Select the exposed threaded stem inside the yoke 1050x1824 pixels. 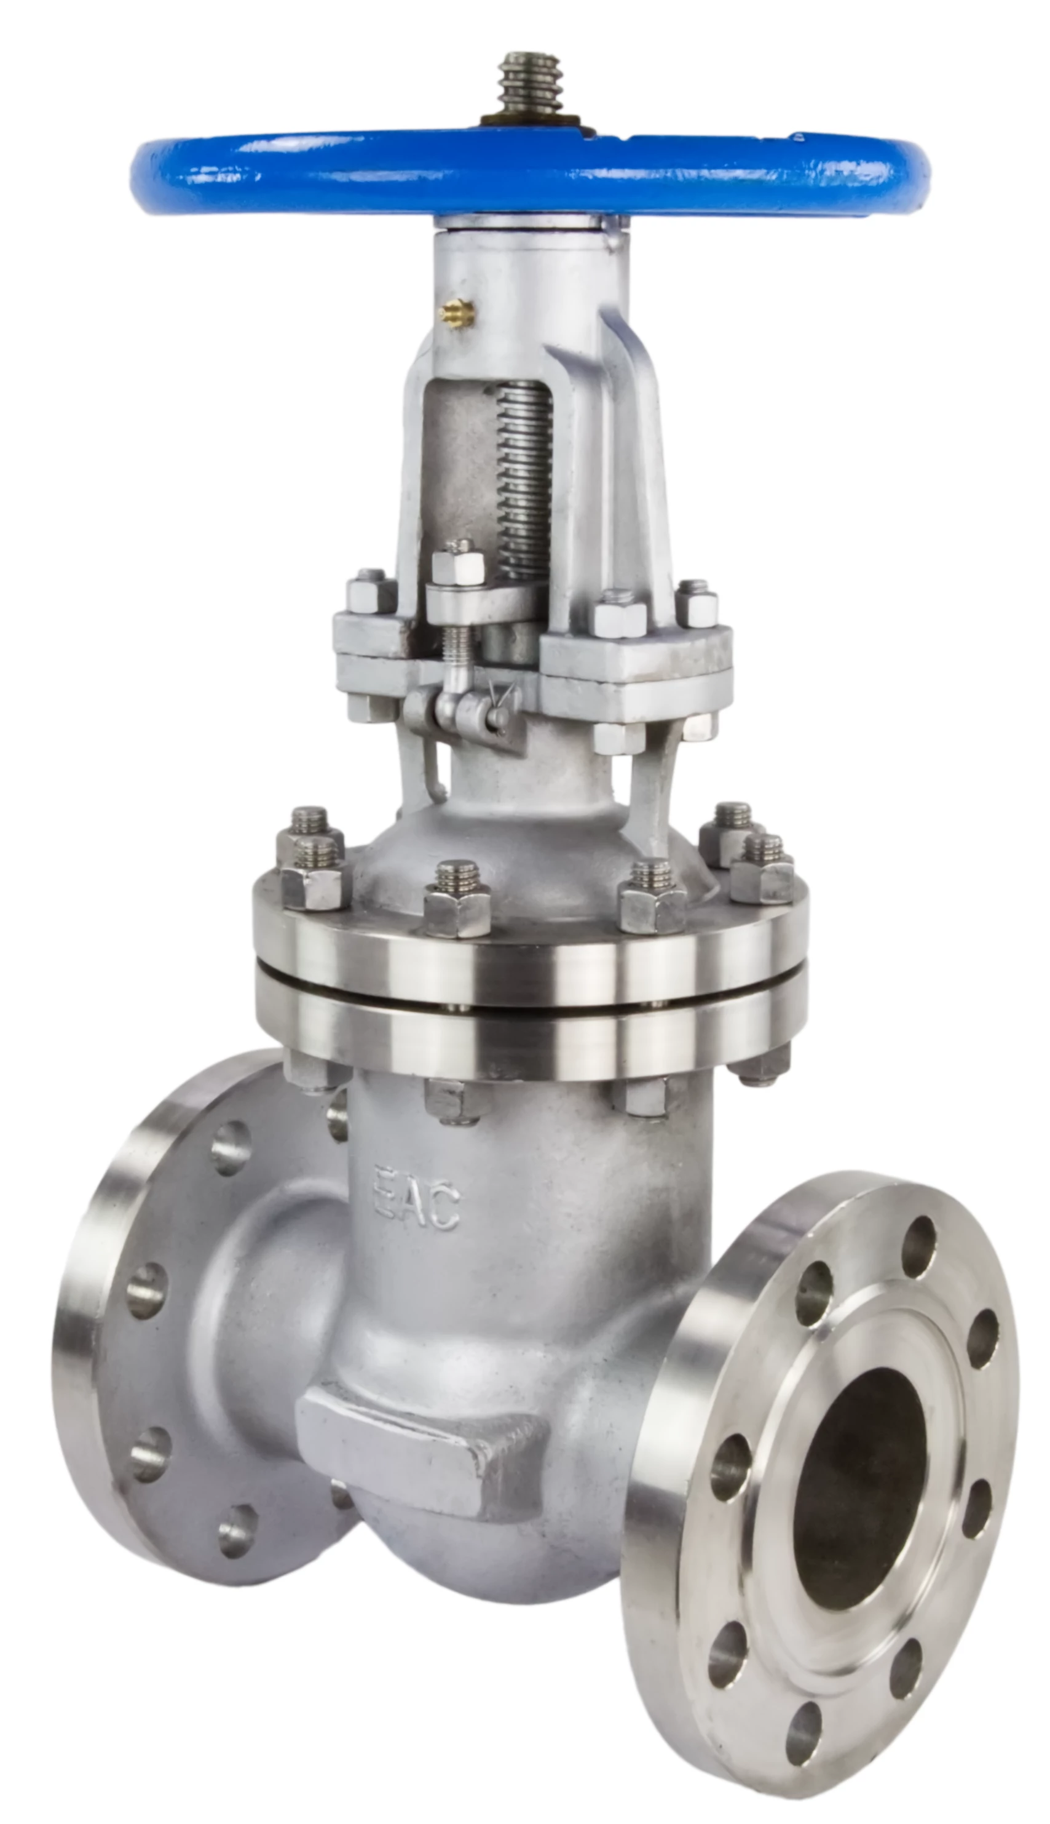(524, 480)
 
